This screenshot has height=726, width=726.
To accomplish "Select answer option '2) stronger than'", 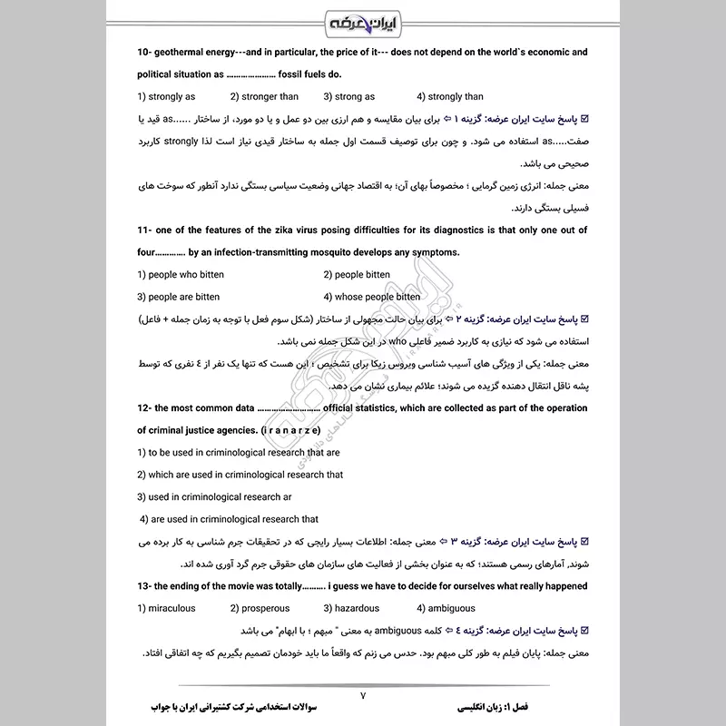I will point(264,96).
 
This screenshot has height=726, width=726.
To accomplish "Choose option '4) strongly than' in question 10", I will point(450,96).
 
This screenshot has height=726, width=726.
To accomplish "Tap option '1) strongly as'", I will point(166,96).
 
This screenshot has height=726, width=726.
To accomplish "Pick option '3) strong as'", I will point(349,96).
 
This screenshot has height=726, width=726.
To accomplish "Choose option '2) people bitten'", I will point(357,274).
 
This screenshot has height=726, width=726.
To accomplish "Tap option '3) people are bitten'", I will point(179,297).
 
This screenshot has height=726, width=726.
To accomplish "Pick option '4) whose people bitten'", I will point(372,297).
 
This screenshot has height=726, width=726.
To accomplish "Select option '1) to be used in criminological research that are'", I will point(239,452).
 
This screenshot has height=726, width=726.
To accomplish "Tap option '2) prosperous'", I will point(260,608).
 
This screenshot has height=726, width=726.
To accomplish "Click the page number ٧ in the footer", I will point(362,696).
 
